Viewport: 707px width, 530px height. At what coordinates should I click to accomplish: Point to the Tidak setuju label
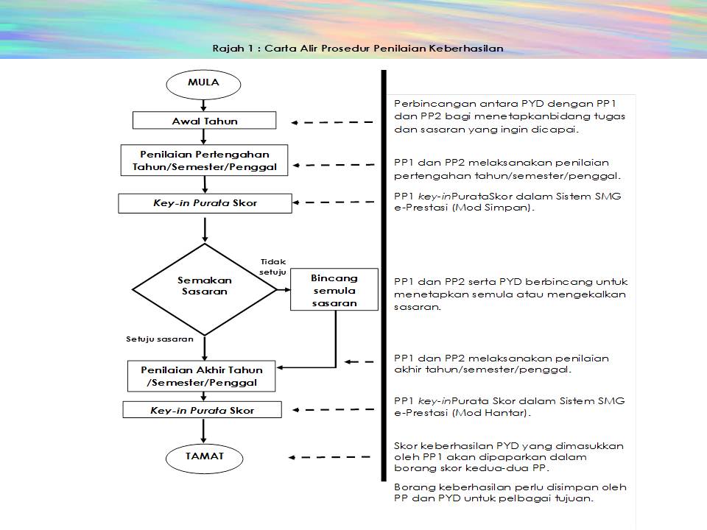[272, 266]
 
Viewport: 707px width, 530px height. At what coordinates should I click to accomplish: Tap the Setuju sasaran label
[160, 339]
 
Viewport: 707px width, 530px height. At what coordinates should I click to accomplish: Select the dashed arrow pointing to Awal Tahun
[332, 122]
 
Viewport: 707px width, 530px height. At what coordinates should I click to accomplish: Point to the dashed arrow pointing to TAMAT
[329, 457]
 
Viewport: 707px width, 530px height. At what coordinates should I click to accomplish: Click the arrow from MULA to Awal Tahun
[203, 105]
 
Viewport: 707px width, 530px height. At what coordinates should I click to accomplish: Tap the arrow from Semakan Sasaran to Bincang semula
[284, 290]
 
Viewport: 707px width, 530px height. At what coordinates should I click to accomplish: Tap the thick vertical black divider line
[384, 275]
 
